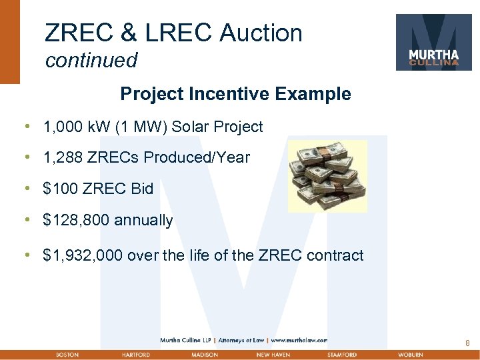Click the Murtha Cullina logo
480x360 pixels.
433,42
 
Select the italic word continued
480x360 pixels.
91,61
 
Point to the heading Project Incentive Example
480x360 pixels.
235,94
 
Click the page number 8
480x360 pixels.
467,343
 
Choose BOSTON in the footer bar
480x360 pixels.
67,355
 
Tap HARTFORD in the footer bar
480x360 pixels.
136,355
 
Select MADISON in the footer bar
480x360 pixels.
204,355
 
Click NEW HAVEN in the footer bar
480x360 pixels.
273,355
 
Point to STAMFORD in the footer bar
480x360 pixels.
342,355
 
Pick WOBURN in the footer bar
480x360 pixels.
410,355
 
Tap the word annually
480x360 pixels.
143,220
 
